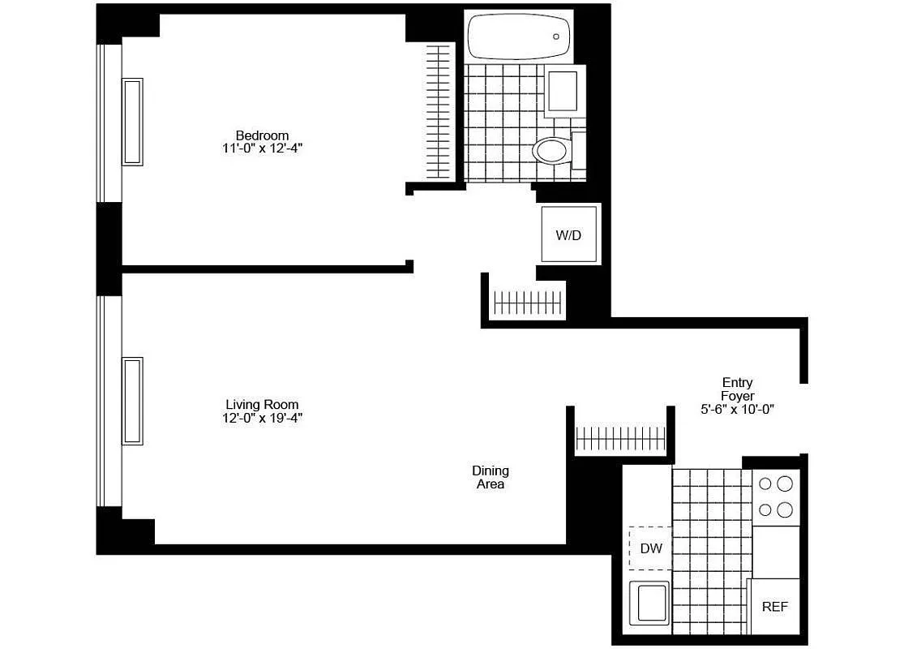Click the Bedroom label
pyautogui.click(x=262, y=135)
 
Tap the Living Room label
pyautogui.click(x=262, y=405)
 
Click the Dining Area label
pyautogui.click(x=491, y=477)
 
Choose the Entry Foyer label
pyautogui.click(x=737, y=389)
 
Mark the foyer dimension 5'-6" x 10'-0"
pyautogui.click(x=737, y=410)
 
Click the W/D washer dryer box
pyautogui.click(x=569, y=234)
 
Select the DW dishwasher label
pyautogui.click(x=651, y=548)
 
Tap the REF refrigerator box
pyautogui.click(x=774, y=606)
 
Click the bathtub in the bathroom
pyautogui.click(x=519, y=36)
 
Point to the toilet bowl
pyautogui.click(x=551, y=151)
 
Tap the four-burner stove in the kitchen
pyautogui.click(x=776, y=497)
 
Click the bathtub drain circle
pyautogui.click(x=556, y=37)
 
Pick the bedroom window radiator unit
pyautogui.click(x=132, y=122)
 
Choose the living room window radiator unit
pyautogui.click(x=132, y=401)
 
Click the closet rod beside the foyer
pyautogui.click(x=620, y=439)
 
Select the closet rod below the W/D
pyautogui.click(x=527, y=303)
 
